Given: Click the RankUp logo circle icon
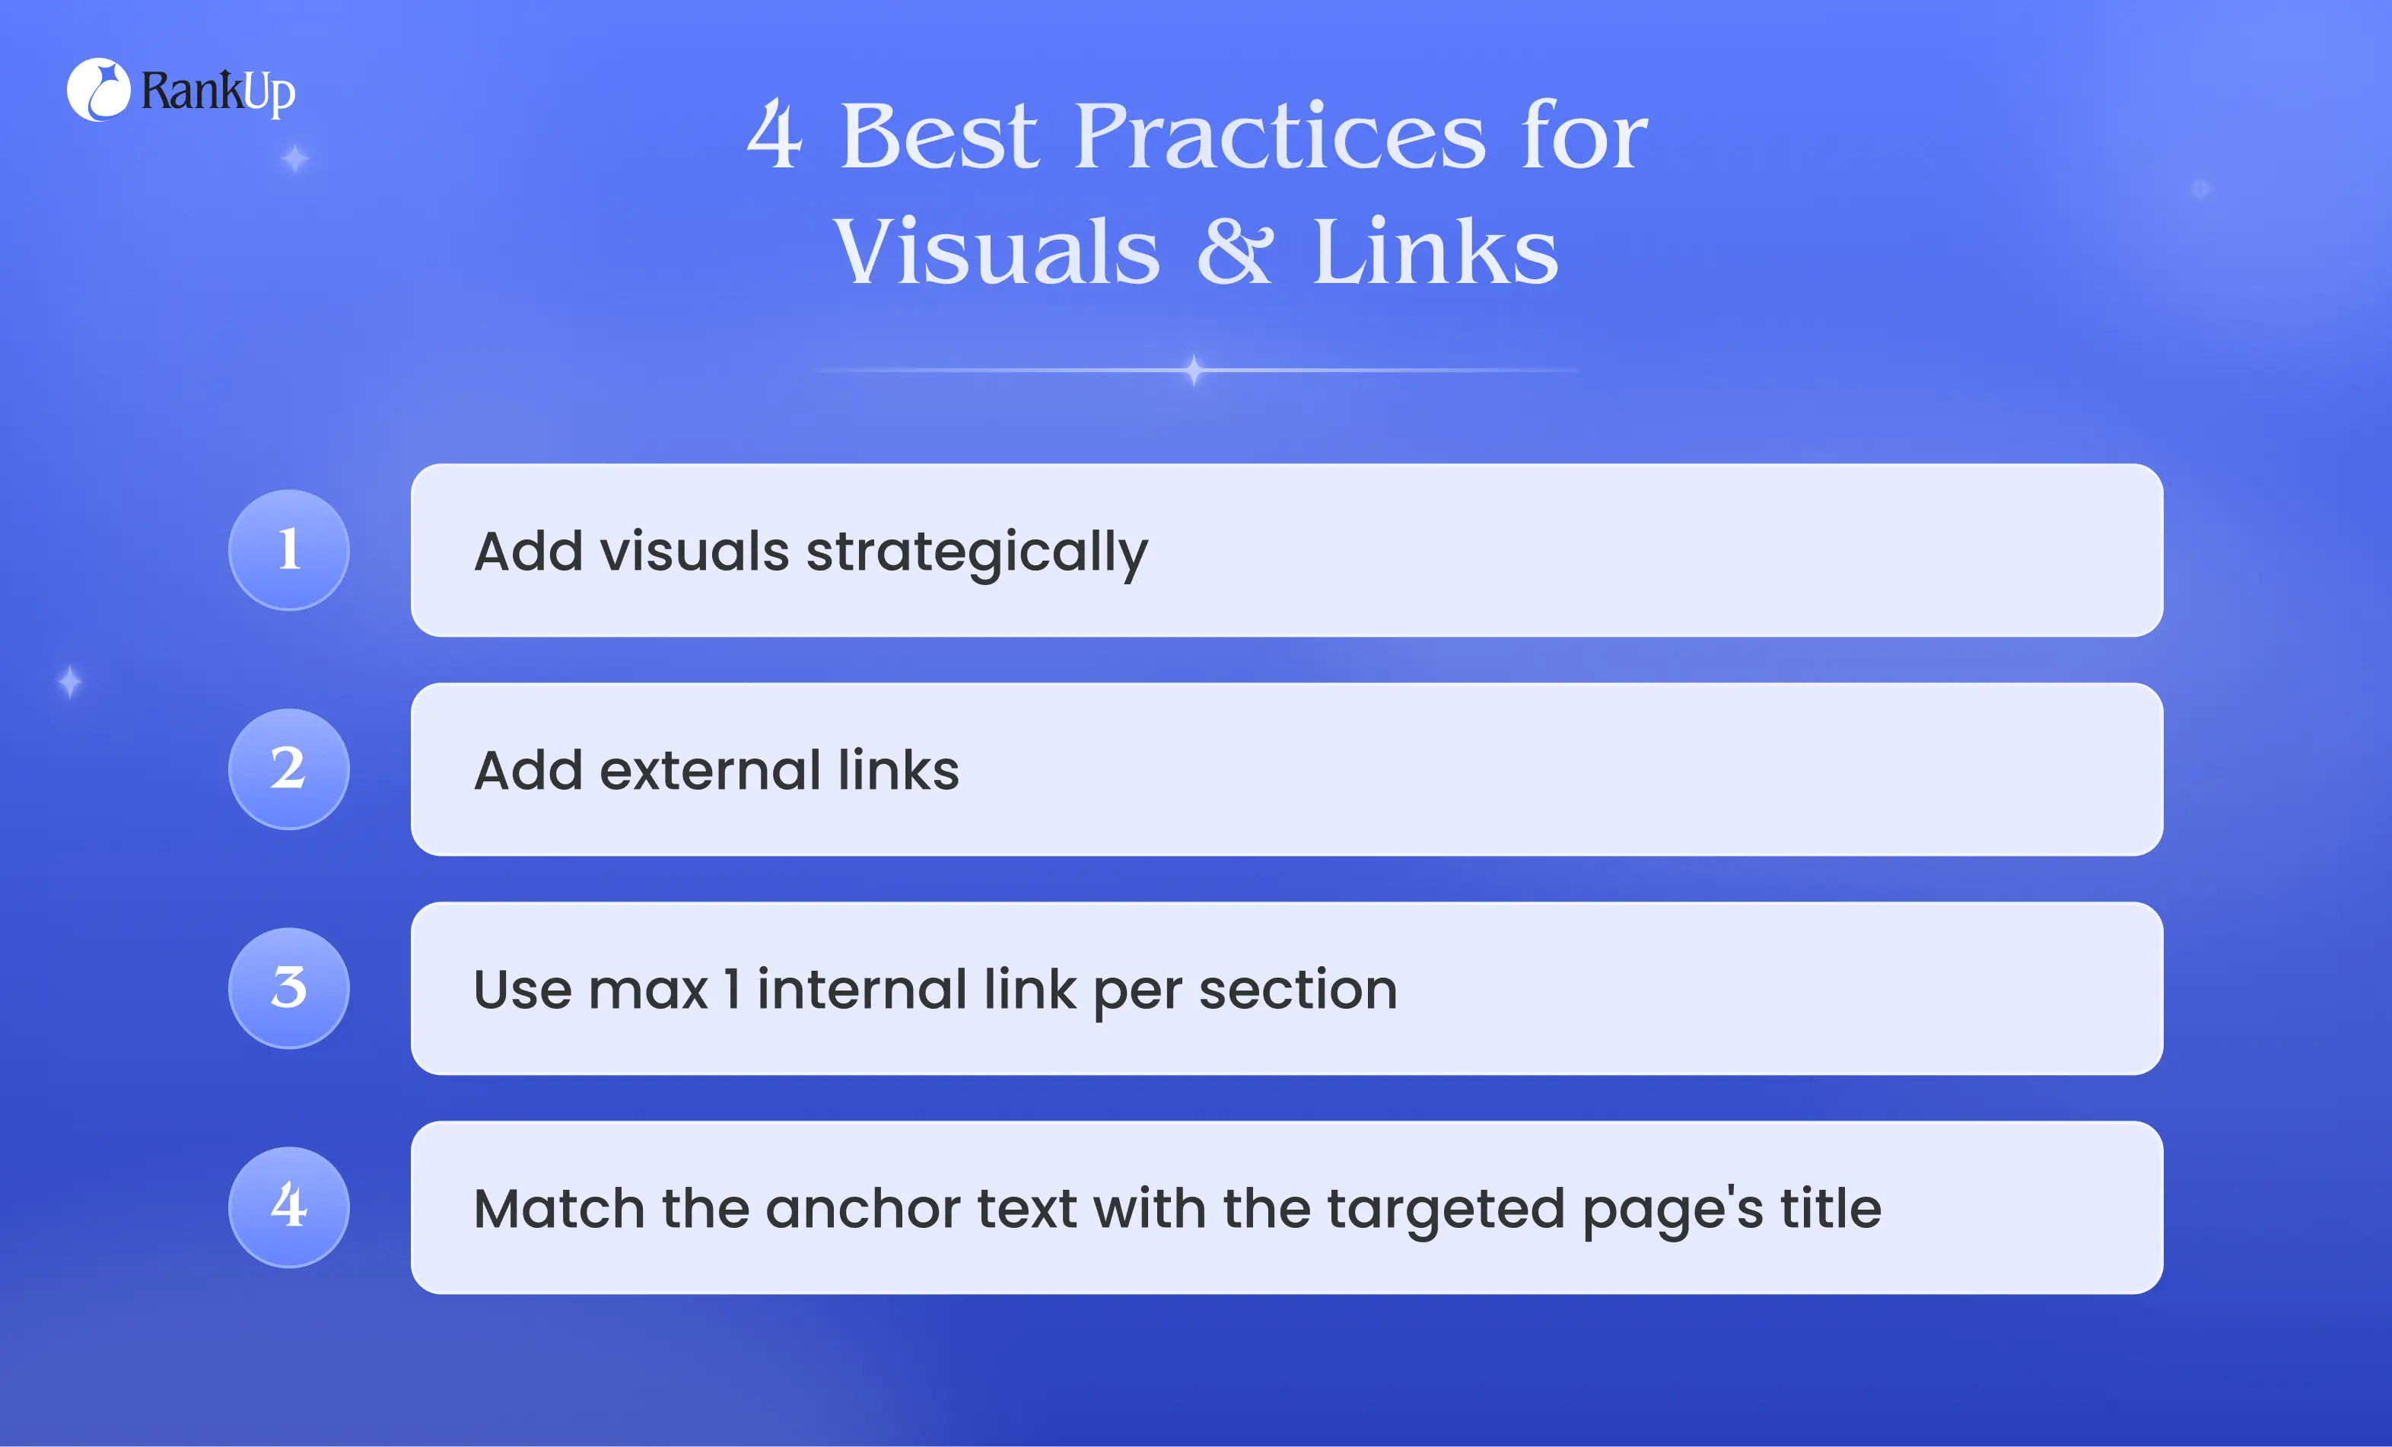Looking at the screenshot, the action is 98,91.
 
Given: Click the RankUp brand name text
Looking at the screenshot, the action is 218,92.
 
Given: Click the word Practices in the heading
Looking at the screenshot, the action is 1280,136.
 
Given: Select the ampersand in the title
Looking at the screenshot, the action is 1235,250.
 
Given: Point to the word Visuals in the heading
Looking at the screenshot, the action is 997,250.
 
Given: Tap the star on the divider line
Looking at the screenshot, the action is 1194,370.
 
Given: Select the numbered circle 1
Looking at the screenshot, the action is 289,550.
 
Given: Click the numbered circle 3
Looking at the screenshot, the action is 289,988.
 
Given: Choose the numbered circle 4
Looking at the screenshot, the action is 289,1207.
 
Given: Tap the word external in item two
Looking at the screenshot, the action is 711,771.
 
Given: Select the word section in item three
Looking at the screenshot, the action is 1298,990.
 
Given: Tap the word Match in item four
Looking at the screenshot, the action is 559,1208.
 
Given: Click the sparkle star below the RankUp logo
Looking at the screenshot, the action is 295,158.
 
